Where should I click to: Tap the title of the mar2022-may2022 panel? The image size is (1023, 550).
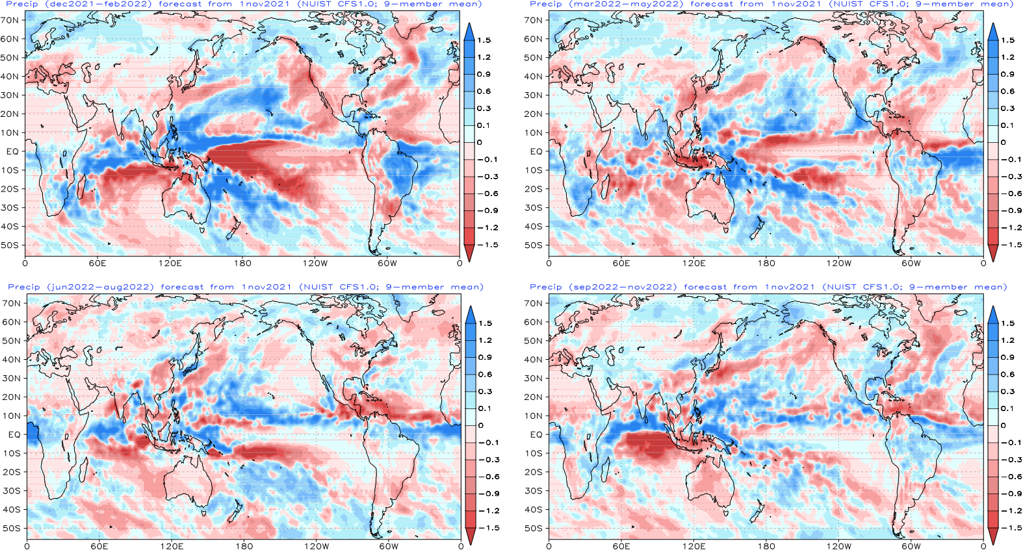point(768,4)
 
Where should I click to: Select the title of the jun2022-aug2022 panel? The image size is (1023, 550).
point(246,287)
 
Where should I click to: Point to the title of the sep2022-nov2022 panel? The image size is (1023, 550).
point(768,287)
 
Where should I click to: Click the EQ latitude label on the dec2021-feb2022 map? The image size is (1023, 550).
point(12,151)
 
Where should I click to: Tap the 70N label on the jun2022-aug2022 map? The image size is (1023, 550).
point(12,303)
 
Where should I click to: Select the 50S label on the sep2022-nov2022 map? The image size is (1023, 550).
point(534,528)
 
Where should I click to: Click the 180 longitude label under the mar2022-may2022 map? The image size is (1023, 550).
point(766,264)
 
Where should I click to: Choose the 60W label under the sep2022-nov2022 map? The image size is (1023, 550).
point(911,546)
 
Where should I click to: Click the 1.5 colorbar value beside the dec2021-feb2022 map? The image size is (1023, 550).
point(484,40)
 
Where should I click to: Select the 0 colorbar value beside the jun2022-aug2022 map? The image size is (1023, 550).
point(480,425)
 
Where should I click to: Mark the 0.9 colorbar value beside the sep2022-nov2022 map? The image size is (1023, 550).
point(1007,357)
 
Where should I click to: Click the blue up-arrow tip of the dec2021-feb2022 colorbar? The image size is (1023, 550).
point(469,22)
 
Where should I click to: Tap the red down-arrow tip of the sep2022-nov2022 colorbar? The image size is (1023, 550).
point(992,545)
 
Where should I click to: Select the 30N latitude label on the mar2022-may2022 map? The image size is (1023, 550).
point(534,95)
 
